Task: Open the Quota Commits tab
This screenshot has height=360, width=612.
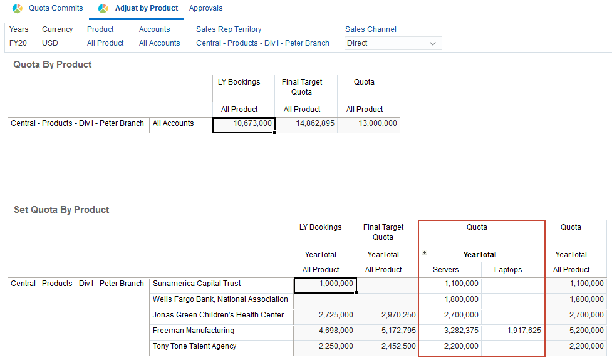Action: pyautogui.click(x=55, y=8)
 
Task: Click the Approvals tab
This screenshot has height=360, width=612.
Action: pyautogui.click(x=205, y=8)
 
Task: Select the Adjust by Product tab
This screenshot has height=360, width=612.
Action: pyautogui.click(x=147, y=8)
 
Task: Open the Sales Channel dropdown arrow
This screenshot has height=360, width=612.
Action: pyautogui.click(x=432, y=43)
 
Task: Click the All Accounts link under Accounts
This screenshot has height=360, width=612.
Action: pyautogui.click(x=159, y=43)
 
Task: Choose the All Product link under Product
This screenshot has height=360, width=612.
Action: pyautogui.click(x=105, y=43)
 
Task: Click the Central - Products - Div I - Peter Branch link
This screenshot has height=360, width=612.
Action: pyautogui.click(x=262, y=43)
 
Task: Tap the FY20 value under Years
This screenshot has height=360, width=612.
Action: pyautogui.click(x=18, y=43)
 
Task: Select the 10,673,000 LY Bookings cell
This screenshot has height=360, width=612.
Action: pyautogui.click(x=244, y=124)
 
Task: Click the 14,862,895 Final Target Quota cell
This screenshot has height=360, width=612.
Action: pyautogui.click(x=306, y=124)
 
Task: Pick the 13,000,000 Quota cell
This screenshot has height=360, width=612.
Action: pyautogui.click(x=368, y=124)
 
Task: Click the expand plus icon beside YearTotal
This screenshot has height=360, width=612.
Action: pyautogui.click(x=424, y=253)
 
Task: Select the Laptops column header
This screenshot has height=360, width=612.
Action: pyautogui.click(x=507, y=270)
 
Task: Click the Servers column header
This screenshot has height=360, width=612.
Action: pyautogui.click(x=446, y=270)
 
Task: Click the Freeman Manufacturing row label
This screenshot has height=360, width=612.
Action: pyautogui.click(x=193, y=331)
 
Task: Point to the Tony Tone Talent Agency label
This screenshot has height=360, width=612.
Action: pyautogui.click(x=194, y=346)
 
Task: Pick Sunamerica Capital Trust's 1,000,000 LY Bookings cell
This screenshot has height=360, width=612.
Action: pyautogui.click(x=325, y=284)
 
